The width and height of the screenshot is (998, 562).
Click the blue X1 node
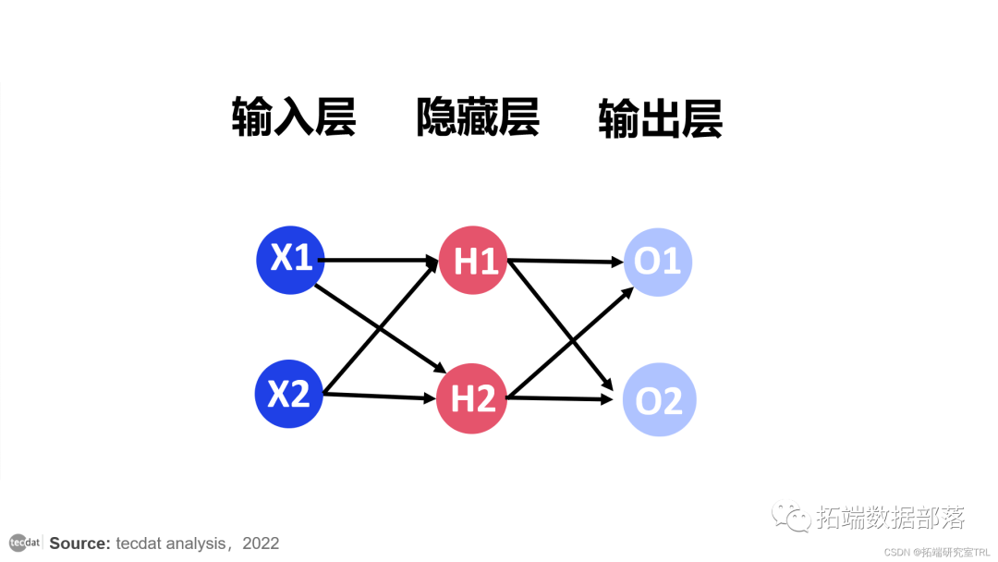point(290,260)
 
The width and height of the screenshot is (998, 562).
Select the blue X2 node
point(288,395)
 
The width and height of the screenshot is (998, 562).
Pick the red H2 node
point(472,399)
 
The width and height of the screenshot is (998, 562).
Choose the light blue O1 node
point(658,262)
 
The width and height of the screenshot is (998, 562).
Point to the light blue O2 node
point(658,400)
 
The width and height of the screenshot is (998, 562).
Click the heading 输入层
point(293,118)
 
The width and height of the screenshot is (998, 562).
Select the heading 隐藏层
point(477,118)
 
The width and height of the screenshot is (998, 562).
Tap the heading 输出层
point(660,118)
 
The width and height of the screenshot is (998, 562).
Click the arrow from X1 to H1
point(379,261)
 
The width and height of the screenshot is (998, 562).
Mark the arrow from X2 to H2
point(379,397)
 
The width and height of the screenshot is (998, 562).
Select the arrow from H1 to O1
point(566,262)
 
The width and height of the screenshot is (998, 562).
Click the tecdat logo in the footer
point(25,542)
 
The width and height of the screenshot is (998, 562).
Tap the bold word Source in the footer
point(79,544)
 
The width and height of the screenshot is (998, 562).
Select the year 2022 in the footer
point(261,544)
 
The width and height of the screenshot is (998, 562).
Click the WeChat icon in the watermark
point(792,516)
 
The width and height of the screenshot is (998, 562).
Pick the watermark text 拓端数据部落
point(890,517)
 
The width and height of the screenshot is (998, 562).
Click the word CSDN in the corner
point(897,551)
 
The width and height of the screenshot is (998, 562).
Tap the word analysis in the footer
point(189,544)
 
